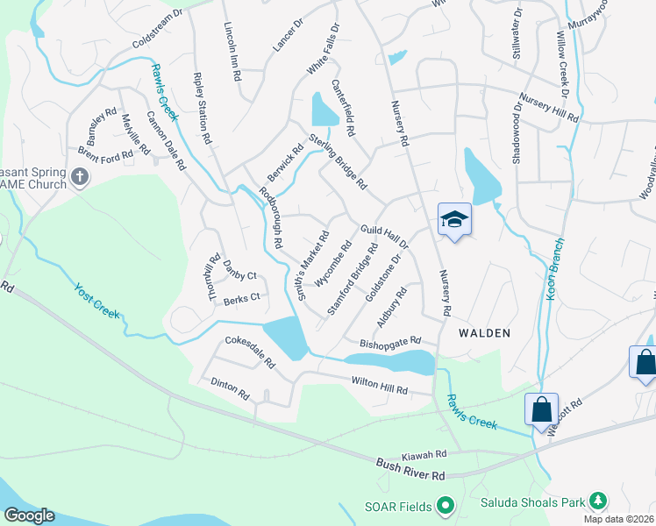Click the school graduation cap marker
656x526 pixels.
click(454, 219)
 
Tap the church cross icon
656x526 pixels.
click(80, 179)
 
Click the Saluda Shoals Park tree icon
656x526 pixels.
click(597, 501)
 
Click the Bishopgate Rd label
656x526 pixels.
click(391, 341)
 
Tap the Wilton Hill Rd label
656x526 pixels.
click(380, 383)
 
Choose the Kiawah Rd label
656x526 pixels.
click(424, 455)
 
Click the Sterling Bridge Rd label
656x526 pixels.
click(337, 163)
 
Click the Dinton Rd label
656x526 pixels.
click(230, 389)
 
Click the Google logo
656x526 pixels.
click(29, 515)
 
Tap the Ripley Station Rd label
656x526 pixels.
click(202, 108)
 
